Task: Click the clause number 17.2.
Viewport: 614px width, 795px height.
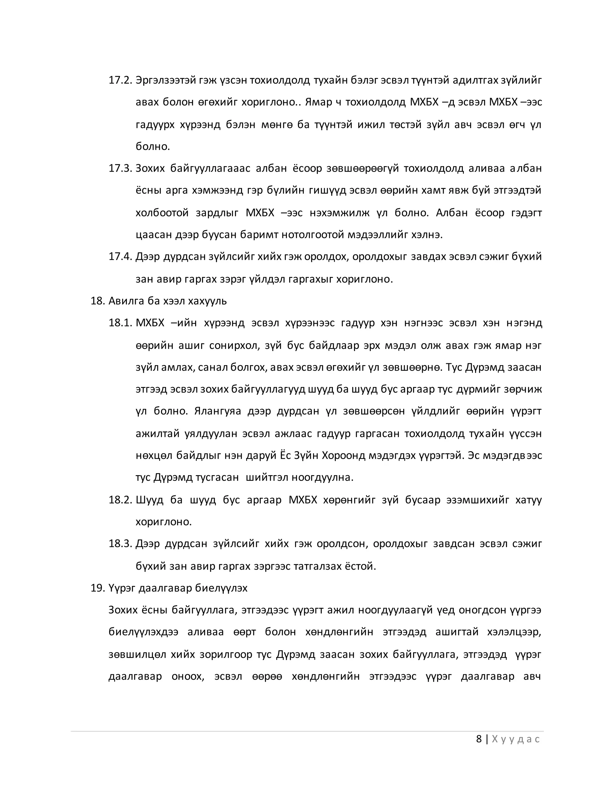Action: coord(120,80)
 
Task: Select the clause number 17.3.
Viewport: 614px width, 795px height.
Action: coord(120,168)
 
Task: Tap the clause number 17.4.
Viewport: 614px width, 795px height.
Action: coord(120,256)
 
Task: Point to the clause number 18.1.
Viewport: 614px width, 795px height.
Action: coord(120,323)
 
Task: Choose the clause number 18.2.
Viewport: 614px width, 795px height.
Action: coord(120,500)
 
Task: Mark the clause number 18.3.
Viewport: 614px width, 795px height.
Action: coord(120,544)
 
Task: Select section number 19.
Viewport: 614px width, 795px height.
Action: coord(97,588)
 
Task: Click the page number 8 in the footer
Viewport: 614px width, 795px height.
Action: coord(479,739)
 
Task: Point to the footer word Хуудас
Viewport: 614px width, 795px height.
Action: coord(515,739)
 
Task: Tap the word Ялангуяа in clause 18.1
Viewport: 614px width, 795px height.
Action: coord(218,411)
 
